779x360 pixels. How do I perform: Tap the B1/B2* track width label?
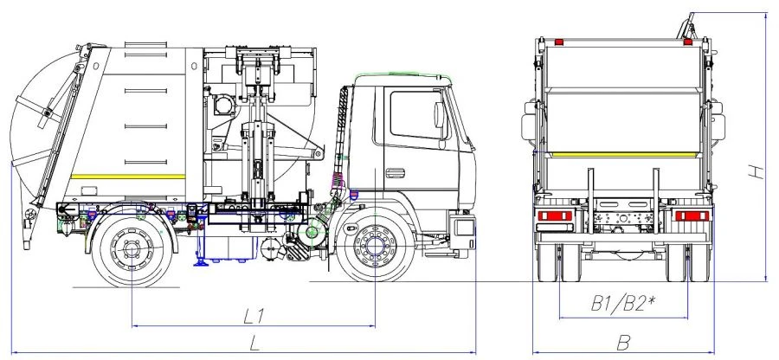pyautogui.click(x=621, y=304)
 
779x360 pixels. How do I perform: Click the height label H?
pyautogui.click(x=756, y=172)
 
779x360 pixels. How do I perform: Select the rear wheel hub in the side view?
pyautogui.click(x=132, y=248)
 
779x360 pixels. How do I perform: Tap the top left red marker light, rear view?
pyautogui.click(x=559, y=42)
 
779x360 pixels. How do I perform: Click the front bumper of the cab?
pyautogui.click(x=464, y=232)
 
